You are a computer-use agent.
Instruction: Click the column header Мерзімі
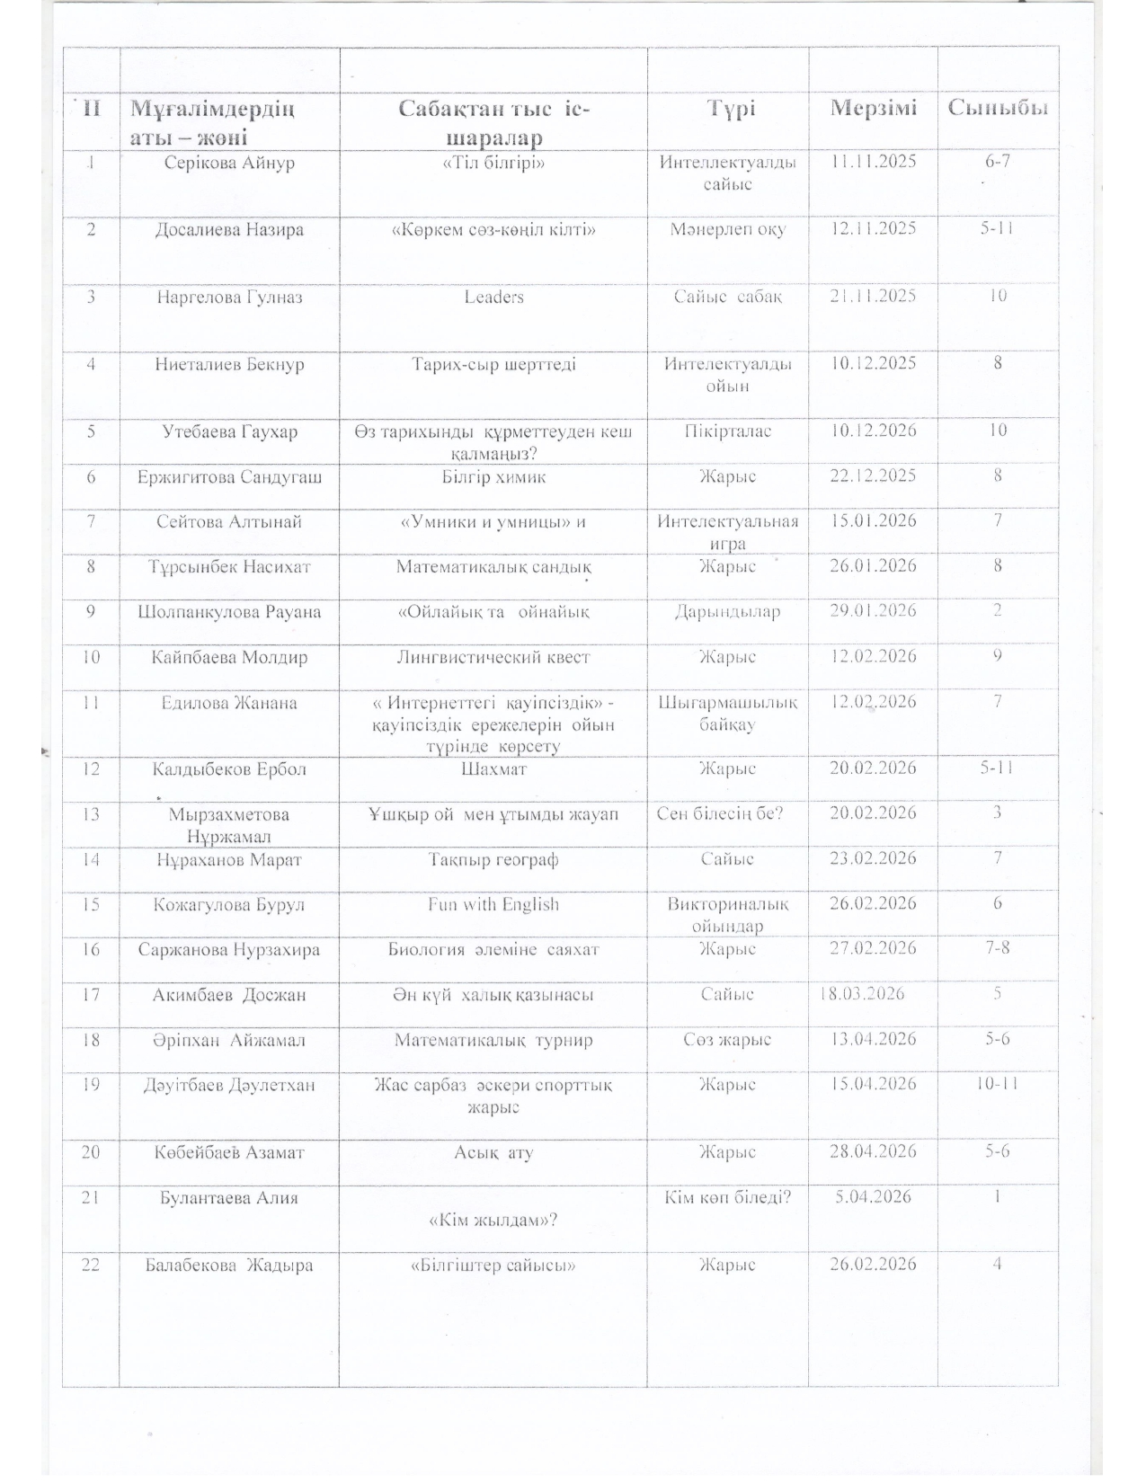(x=873, y=109)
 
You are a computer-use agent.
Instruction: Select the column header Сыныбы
(x=998, y=109)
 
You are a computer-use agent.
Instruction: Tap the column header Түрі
(x=729, y=109)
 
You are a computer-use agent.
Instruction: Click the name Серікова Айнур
(x=229, y=163)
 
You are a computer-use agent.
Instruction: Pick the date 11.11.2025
(x=873, y=162)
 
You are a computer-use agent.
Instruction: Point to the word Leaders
(x=493, y=297)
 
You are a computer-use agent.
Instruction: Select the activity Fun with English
(x=493, y=904)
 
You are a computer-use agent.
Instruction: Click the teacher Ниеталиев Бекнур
(x=229, y=364)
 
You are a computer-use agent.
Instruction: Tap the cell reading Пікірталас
(x=728, y=431)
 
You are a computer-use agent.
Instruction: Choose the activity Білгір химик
(x=493, y=476)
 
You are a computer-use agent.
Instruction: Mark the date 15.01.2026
(x=873, y=520)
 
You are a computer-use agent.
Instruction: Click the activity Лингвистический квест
(x=493, y=657)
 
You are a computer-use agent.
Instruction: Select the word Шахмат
(x=493, y=769)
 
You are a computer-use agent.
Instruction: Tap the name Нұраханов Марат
(x=229, y=859)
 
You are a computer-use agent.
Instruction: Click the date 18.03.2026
(x=862, y=993)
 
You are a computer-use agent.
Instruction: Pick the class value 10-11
(x=997, y=1084)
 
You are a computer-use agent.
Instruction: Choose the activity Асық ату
(x=493, y=1151)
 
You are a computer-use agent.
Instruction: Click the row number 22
(x=91, y=1265)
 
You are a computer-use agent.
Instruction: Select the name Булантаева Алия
(x=229, y=1197)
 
